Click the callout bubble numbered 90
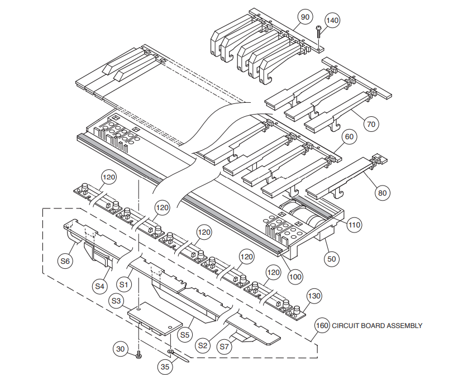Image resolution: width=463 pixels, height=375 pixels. pos(305,17)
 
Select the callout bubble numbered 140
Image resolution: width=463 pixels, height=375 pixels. pos(332,21)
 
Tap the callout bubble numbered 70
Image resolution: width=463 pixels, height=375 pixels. pos(371,124)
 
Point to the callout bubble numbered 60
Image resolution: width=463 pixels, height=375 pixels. pos(350,136)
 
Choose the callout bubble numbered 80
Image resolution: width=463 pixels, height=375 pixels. pos(383,193)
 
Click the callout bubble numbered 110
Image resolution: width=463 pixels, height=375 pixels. pos(354,225)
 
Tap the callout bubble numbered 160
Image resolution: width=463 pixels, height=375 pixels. pos(322,325)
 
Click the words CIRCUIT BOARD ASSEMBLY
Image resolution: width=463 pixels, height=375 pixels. pos(377,325)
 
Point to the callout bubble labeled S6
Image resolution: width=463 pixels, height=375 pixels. pos(66,261)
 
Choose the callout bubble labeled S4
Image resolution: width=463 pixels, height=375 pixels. pos(99,286)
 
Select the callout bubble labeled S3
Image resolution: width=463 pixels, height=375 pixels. pos(117,301)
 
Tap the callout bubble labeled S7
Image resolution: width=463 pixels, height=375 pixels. pos(224,346)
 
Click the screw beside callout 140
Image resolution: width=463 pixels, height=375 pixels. pos(318,32)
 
